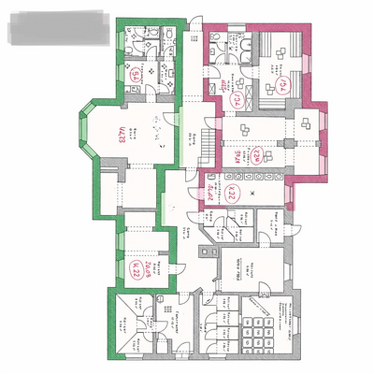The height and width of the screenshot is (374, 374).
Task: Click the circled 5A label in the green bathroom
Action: tap(136, 76)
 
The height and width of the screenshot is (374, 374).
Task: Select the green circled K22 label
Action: tap(137, 271)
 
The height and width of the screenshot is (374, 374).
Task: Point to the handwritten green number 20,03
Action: tap(149, 266)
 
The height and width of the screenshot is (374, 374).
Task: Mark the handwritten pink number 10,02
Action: tap(211, 191)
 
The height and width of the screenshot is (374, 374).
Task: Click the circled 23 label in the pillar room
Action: tap(254, 156)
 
